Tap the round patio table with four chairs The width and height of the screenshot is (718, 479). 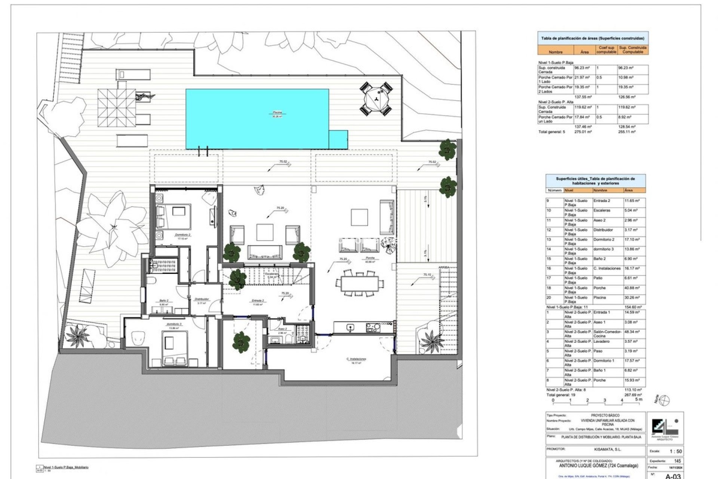pos(376,99)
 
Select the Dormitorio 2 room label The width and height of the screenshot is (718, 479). pos(183,235)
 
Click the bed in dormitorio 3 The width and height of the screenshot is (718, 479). pos(173,345)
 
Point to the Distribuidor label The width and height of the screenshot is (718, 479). pos(202,299)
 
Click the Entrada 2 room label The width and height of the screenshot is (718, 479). pos(258,300)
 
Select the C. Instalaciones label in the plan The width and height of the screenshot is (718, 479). pos(356,359)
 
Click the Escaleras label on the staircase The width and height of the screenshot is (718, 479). pos(272,274)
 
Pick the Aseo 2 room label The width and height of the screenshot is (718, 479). pos(282,329)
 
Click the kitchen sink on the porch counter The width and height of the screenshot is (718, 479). pos(350,327)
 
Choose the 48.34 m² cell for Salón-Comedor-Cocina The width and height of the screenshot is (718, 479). pos(633,332)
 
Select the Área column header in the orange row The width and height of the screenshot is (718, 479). pos(584,52)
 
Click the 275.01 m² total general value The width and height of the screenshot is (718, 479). pos(583,132)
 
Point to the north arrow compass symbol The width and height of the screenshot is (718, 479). pos(665,400)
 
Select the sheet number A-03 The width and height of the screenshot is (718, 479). pos(673,476)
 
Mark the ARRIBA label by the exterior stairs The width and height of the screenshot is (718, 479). pos(444,267)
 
